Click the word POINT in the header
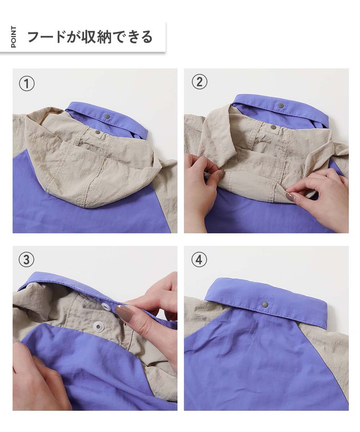(x=13, y=37)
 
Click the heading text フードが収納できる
(x=90, y=37)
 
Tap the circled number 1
(x=26, y=84)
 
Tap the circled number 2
(x=199, y=82)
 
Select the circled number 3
(x=26, y=259)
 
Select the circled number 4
(x=199, y=259)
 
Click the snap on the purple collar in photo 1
(x=107, y=117)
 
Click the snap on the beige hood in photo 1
(x=98, y=132)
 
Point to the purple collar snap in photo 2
(x=281, y=105)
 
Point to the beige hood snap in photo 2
(x=273, y=127)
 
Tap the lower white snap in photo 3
(x=98, y=326)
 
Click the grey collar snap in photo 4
(x=265, y=304)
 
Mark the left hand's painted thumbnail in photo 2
(x=220, y=174)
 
